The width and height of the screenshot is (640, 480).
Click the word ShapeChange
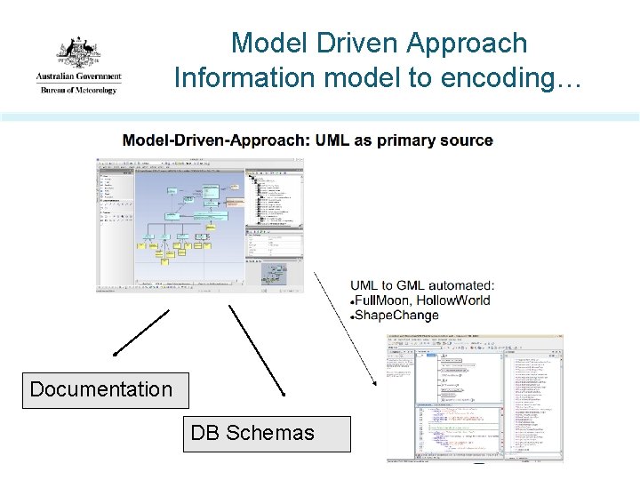(x=396, y=315)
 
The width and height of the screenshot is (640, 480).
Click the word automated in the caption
(x=460, y=285)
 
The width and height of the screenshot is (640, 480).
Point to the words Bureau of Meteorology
(x=78, y=90)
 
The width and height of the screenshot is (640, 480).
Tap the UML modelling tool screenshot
(x=200, y=225)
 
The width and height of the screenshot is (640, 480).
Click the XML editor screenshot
(x=476, y=397)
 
